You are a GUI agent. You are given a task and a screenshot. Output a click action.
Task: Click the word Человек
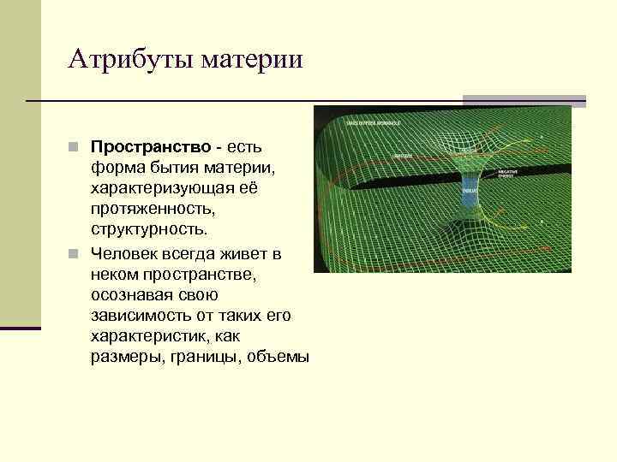tap(124, 254)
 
